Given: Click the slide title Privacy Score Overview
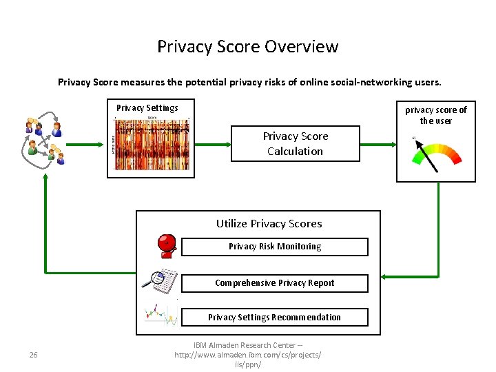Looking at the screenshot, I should pos(247,47).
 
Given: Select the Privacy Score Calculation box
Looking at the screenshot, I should pos(295,143).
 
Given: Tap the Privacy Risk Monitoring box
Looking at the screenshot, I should pos(274,247).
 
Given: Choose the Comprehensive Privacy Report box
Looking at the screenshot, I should pos(274,283).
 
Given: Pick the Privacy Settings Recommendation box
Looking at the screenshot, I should pos(274,318).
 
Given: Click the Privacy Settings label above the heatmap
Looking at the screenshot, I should pos(147,107).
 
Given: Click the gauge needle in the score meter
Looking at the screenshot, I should pos(428,155).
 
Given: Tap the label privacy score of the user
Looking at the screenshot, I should pos(435,115).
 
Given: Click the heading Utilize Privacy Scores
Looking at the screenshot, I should pos(269,223).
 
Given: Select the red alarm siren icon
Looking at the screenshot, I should pos(166,245).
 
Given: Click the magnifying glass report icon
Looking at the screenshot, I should pos(160,279).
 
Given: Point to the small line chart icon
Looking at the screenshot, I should pos(161,314).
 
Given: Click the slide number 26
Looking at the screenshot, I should pos(33,355).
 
